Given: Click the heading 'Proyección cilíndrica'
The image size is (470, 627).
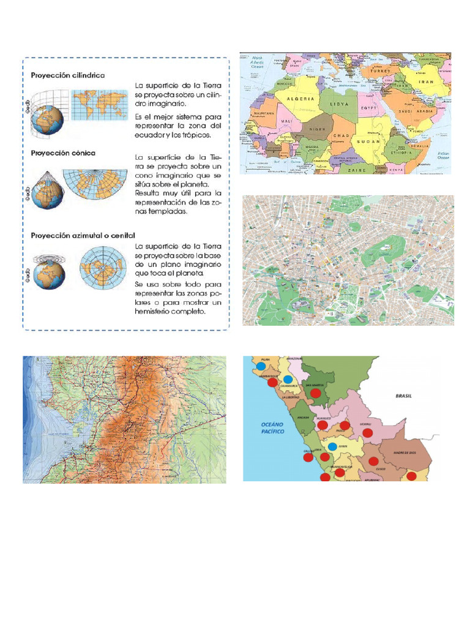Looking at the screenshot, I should [68, 75].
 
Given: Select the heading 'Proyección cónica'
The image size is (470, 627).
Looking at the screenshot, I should [63, 152].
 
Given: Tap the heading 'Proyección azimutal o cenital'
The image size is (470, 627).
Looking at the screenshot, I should [83, 235].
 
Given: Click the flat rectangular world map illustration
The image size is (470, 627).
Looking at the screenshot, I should [100, 105].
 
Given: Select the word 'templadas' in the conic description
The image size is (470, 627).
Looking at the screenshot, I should [160, 211].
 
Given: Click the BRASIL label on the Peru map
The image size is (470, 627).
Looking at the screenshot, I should [403, 396].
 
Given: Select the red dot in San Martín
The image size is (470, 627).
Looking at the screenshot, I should [316, 392].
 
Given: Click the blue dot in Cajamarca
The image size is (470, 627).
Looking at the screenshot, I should [288, 379].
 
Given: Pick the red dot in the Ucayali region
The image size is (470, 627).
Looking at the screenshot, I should [367, 432].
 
